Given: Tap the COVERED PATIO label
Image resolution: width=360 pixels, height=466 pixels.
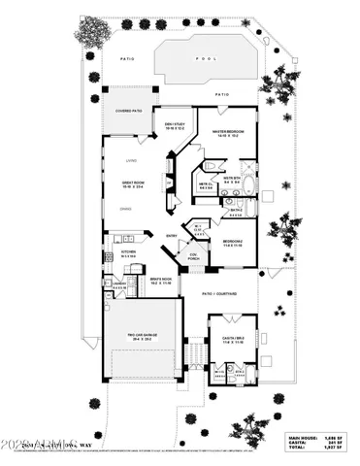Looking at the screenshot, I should tap(128, 112).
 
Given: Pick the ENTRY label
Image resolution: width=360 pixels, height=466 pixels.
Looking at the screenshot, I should tap(172, 236).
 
